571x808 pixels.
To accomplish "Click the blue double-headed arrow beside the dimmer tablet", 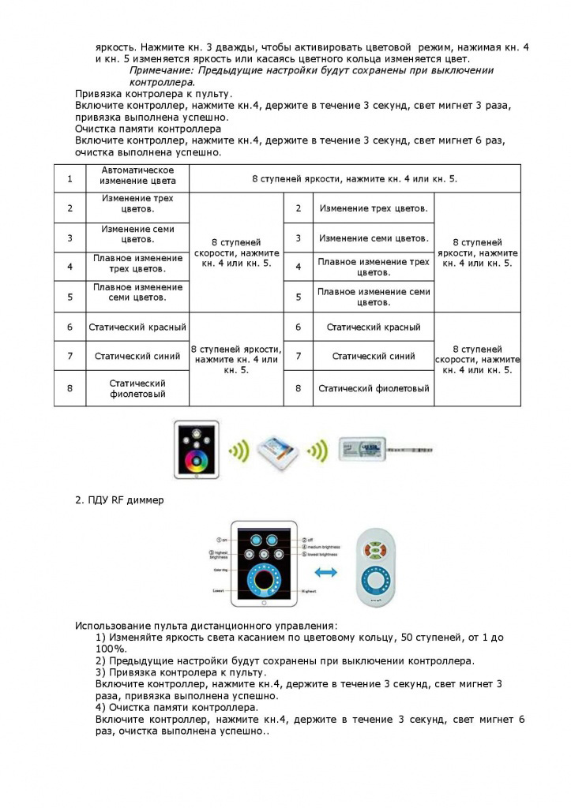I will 325,571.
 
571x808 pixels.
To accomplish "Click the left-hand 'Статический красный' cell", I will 137,327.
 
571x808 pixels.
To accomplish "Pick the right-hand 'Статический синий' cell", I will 374,356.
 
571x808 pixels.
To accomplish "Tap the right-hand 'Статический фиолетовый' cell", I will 374,388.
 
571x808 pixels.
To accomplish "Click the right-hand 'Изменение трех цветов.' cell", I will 374,208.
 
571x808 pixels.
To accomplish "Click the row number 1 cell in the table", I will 70,178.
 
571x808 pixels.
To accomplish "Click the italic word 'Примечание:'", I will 163,70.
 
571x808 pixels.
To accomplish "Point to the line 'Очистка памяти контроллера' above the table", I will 148,128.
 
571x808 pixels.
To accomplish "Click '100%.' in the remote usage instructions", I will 111,648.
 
